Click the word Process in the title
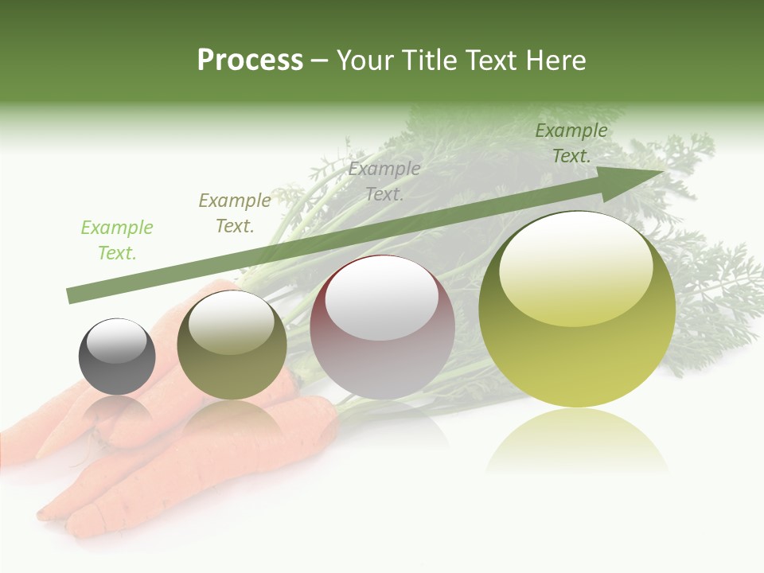pos(250,60)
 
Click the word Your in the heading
pos(365,60)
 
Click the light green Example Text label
pos(117,240)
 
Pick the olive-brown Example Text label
pos(234,213)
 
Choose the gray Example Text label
pos(384,181)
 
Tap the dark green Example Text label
pos(571,143)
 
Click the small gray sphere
pos(117,357)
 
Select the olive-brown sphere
pos(232,345)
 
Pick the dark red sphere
pos(382,327)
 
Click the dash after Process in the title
pos(320,60)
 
